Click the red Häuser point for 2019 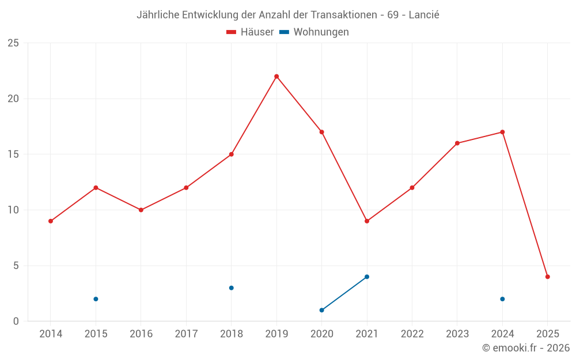coord(276,76)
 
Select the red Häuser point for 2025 coord(547,276)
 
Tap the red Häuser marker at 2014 coord(51,221)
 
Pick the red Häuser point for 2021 coord(367,221)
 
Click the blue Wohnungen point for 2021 coord(367,276)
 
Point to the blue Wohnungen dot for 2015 coord(96,299)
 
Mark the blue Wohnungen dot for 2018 coord(231,288)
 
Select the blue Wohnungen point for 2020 coord(321,310)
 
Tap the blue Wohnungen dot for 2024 coord(502,299)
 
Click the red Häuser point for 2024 coord(502,132)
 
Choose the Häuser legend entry coord(250,32)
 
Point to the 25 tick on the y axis coord(13,43)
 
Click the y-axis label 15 coord(13,154)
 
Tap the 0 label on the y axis coord(16,321)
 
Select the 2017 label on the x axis coord(186,334)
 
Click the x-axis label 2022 coord(412,334)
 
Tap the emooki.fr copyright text coord(525,348)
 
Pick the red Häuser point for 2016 coord(141,210)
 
